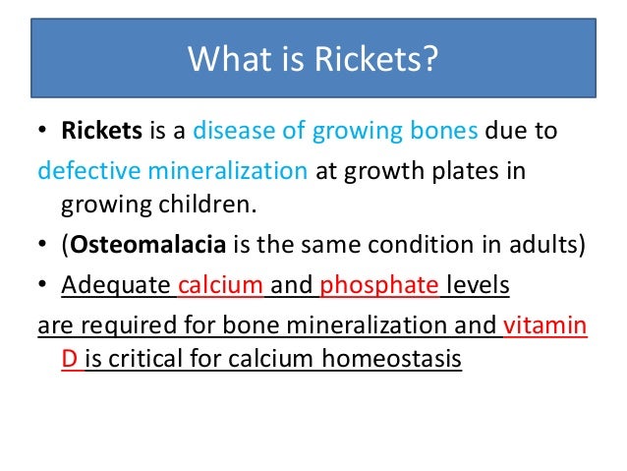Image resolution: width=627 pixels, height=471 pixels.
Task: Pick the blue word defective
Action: tap(87, 171)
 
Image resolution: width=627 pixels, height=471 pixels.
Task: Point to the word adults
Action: tap(550, 246)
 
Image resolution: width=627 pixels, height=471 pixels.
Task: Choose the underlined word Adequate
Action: tap(116, 286)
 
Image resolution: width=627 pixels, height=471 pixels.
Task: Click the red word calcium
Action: tap(221, 286)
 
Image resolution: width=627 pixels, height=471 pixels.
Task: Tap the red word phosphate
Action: tap(376, 286)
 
